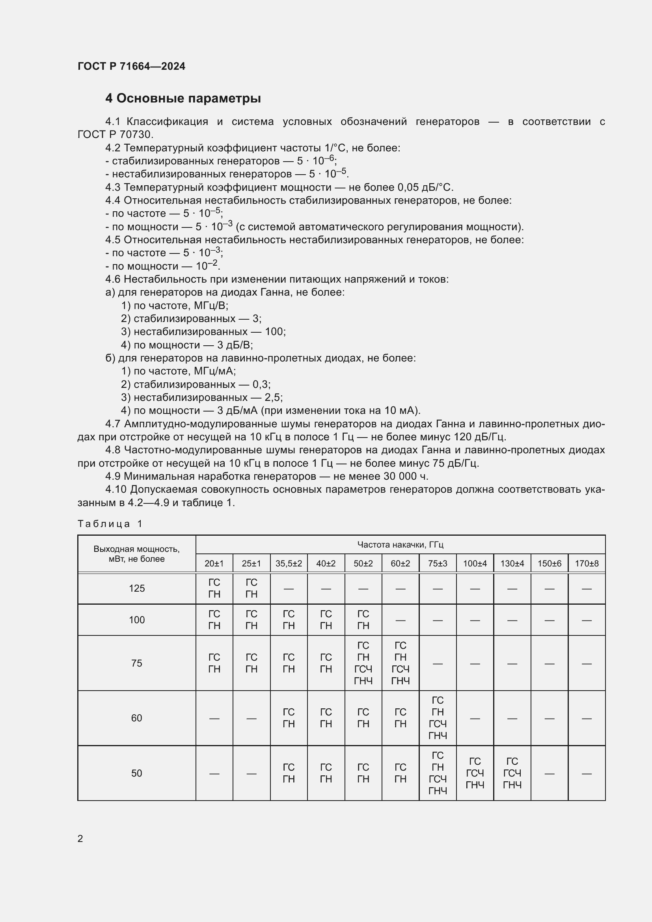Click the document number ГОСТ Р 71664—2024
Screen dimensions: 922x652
(x=131, y=66)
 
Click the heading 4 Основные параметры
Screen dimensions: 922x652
(x=183, y=99)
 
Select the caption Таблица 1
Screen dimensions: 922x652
(x=110, y=523)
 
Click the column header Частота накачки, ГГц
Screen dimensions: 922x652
(x=400, y=544)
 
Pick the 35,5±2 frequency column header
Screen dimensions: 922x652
(x=288, y=563)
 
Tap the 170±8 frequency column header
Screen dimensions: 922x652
(x=586, y=563)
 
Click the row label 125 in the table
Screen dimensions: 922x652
(x=136, y=588)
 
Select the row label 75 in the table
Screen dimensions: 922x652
(x=136, y=663)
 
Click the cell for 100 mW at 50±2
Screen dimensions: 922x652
(x=363, y=620)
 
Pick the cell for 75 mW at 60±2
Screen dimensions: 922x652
(x=400, y=663)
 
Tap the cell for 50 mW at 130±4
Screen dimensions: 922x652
(x=512, y=773)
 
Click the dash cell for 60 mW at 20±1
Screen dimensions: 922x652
(x=214, y=718)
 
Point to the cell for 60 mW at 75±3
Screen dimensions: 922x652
(x=437, y=718)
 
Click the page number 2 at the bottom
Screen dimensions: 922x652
(x=80, y=838)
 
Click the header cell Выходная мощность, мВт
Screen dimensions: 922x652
(x=136, y=554)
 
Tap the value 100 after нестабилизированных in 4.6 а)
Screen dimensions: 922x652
(x=275, y=332)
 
